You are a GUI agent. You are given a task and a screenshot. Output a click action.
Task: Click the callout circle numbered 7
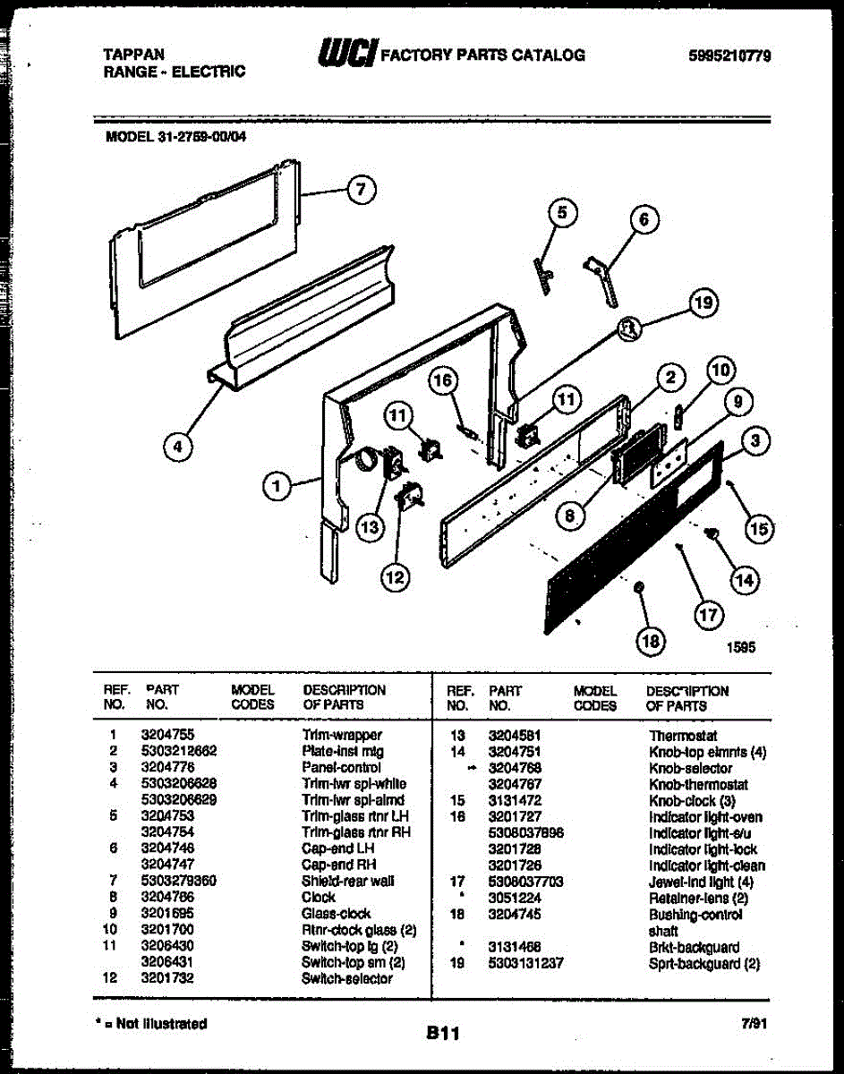click(360, 190)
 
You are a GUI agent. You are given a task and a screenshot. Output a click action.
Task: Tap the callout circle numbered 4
click(181, 447)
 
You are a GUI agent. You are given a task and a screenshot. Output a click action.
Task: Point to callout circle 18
click(652, 640)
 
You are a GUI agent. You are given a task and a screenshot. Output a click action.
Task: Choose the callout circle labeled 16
click(442, 381)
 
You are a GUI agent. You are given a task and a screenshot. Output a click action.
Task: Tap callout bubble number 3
click(757, 440)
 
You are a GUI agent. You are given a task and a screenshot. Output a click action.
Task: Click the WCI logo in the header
click(347, 54)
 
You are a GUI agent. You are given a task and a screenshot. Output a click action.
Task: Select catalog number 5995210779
click(730, 56)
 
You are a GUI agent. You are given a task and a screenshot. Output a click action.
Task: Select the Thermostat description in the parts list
click(683, 736)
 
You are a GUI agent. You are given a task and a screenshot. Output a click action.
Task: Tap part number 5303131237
click(525, 964)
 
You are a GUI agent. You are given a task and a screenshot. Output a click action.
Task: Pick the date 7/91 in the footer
click(754, 1024)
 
